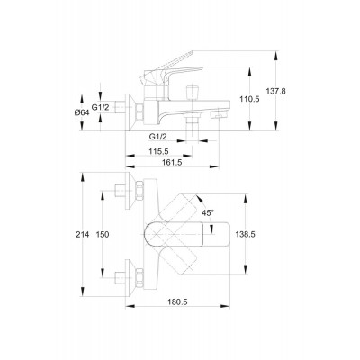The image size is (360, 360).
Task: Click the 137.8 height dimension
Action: (x=276, y=91)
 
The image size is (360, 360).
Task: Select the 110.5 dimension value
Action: (x=249, y=99)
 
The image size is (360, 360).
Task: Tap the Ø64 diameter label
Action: (x=82, y=112)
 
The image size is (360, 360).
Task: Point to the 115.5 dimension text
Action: (x=158, y=152)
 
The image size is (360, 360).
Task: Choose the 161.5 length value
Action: (x=173, y=162)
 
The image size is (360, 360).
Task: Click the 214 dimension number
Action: (x=82, y=235)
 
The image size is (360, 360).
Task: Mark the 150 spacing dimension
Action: (x=103, y=235)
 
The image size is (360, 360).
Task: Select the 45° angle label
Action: (x=208, y=213)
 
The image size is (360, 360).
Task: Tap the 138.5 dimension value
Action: (x=246, y=235)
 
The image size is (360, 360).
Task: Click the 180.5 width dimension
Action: (x=177, y=302)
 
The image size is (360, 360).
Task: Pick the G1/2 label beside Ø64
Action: (x=100, y=108)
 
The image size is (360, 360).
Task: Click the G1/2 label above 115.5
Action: (x=157, y=137)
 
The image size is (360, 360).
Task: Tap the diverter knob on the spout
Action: (x=192, y=93)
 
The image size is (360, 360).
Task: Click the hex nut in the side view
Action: (x=139, y=112)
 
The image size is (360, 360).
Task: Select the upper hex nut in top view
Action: (x=139, y=191)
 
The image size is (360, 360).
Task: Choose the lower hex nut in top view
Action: (x=139, y=278)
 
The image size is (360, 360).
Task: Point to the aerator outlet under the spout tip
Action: (x=217, y=115)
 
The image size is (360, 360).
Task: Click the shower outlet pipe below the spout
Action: (x=192, y=122)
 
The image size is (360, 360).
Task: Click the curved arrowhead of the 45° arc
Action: (x=199, y=198)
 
